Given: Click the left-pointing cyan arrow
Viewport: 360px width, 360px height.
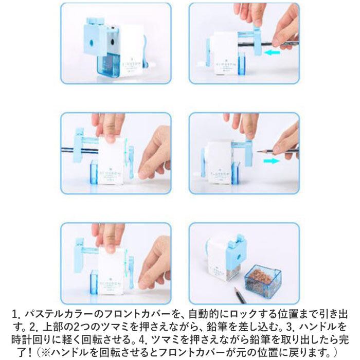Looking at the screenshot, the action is click(x=272, y=52).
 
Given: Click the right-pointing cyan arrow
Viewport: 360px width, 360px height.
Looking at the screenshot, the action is click(x=272, y=161).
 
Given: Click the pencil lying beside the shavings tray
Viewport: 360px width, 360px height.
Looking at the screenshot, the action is click(x=240, y=295).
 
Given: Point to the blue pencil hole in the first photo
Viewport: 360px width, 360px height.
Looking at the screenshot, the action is click(x=91, y=42).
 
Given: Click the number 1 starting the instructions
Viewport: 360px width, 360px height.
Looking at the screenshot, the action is click(x=15, y=314).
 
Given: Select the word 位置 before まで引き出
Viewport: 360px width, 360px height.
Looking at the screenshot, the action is click(x=289, y=314).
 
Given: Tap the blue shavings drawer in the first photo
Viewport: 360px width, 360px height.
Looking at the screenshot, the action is click(x=109, y=64).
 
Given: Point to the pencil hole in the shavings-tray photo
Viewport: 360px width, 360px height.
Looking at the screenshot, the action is click(x=240, y=256).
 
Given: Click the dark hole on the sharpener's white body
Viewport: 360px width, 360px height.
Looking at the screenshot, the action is click(x=113, y=42).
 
